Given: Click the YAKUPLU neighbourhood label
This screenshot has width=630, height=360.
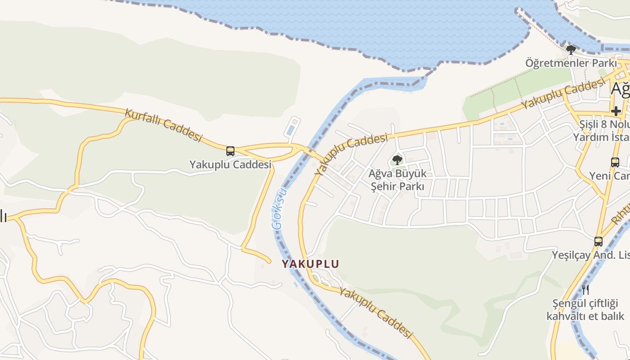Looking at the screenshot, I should pyautogui.click(x=310, y=264).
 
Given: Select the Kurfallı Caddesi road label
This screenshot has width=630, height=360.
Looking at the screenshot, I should pyautogui.click(x=163, y=125).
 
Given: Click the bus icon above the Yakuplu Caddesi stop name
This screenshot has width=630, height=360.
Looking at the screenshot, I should pyautogui.click(x=230, y=151).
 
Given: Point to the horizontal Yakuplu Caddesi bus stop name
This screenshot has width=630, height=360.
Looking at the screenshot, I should pyautogui.click(x=230, y=165).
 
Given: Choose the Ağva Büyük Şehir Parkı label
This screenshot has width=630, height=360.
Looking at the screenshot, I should pyautogui.click(x=397, y=180).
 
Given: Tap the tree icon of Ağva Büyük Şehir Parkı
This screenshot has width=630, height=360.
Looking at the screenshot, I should pyautogui.click(x=397, y=160).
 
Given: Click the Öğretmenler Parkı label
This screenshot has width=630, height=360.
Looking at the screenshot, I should pyautogui.click(x=571, y=63).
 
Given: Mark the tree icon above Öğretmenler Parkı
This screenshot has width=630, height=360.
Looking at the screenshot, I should pyautogui.click(x=571, y=49).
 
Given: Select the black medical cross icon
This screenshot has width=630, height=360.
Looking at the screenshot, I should pyautogui.click(x=616, y=111).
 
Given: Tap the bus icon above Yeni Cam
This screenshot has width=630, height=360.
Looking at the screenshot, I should pyautogui.click(x=615, y=162).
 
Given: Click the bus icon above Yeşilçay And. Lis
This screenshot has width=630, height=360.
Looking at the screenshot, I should pyautogui.click(x=598, y=241).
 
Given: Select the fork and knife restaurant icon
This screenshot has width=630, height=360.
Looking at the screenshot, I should pyautogui.click(x=585, y=289).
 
